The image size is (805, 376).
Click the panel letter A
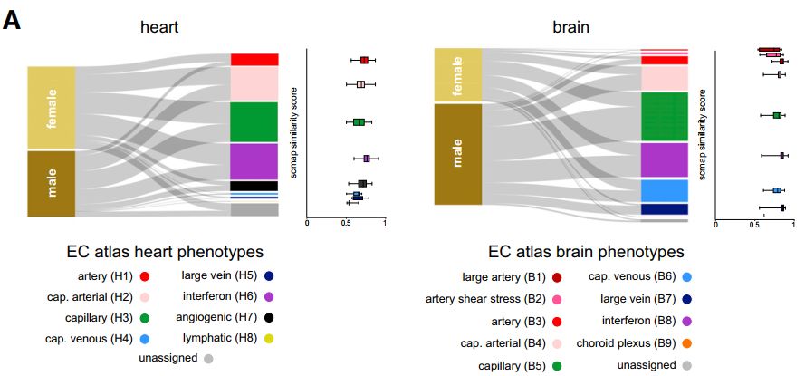12,19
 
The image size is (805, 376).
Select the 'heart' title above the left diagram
158,28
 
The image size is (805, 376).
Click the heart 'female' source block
51,108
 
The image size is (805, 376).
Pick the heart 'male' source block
51,184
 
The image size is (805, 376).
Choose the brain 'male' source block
458,154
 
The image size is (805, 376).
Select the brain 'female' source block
458,74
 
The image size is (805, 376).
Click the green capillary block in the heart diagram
254,121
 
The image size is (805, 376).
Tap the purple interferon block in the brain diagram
665,159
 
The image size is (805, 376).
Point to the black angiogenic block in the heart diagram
254,186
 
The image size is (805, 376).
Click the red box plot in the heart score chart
364,61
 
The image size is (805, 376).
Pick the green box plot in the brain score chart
777,115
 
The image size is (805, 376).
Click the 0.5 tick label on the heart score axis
346,223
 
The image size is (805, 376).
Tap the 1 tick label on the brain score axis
794,223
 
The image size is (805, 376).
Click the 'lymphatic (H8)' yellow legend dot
269,338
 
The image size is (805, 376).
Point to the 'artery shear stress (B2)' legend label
484,299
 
